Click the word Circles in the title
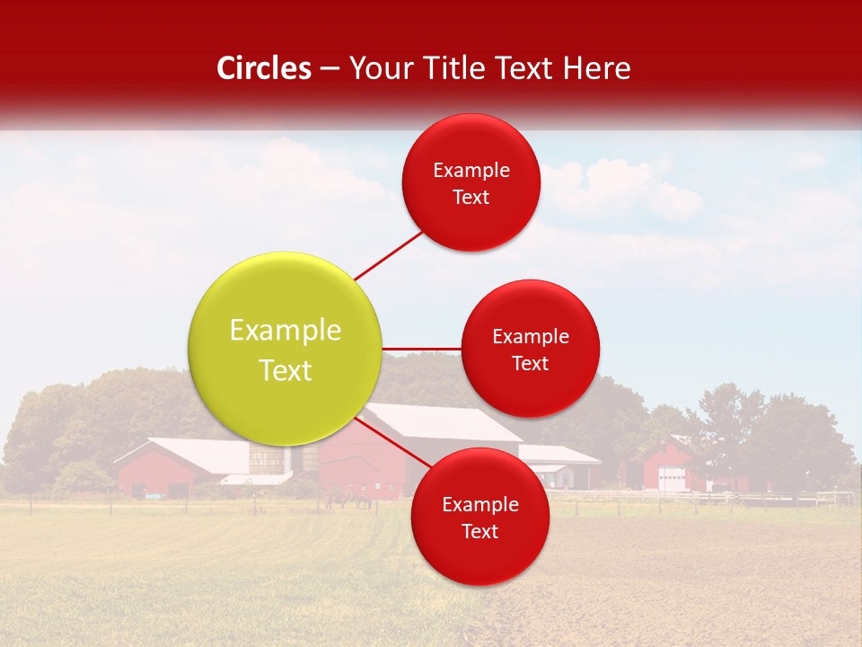pyautogui.click(x=264, y=68)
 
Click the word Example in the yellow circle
pyautogui.click(x=286, y=330)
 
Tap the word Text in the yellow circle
pyautogui.click(x=286, y=370)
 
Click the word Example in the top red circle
pyautogui.click(x=471, y=170)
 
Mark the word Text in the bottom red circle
pyautogui.click(x=479, y=531)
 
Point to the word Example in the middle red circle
pyautogui.click(x=531, y=336)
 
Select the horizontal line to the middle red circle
pyautogui.click(x=422, y=348)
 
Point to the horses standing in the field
pyautogui.click(x=350, y=500)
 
